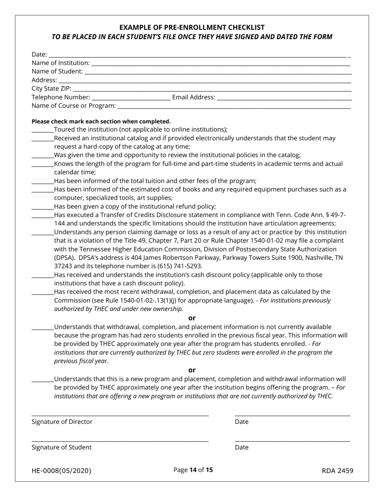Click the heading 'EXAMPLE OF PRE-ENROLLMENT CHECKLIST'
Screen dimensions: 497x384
[192, 27]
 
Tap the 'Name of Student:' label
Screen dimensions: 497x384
[57, 72]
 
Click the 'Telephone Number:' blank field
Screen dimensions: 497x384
[131, 98]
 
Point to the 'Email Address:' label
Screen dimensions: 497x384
[194, 97]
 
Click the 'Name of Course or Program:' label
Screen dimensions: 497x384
[74, 106]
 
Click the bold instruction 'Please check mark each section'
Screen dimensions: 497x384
[101, 121]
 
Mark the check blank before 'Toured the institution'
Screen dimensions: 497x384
[42, 130]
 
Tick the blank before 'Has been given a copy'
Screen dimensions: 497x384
[42, 207]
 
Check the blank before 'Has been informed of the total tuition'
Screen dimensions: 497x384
[42, 181]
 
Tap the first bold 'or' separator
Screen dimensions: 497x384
[192, 318]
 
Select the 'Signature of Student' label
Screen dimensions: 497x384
[61, 447]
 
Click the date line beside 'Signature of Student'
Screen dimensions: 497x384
[292, 440]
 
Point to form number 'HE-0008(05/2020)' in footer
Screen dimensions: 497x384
[61, 471]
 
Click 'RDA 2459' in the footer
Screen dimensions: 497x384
[338, 471]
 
